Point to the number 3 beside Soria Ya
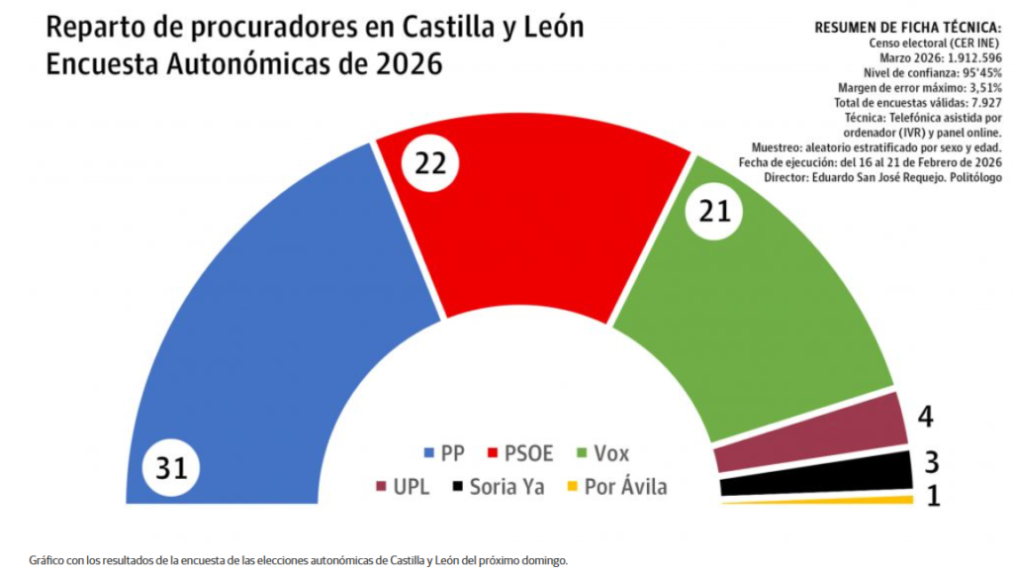pyautogui.click(x=931, y=462)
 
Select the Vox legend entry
pyautogui.click(x=603, y=454)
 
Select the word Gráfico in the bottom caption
pyautogui.click(x=47, y=560)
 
